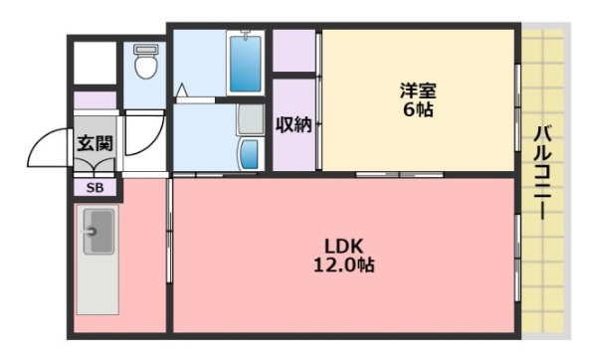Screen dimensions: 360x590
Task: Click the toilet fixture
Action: point(146,66)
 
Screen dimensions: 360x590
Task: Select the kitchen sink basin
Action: point(98,232)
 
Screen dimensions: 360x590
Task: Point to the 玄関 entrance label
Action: point(96,143)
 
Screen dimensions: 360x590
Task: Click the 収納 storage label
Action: point(295,125)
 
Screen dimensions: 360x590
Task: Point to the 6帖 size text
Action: point(418,109)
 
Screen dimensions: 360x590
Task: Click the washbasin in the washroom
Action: point(250,153)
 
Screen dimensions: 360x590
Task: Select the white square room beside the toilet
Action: point(96,63)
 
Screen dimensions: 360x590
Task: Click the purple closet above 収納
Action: point(295,52)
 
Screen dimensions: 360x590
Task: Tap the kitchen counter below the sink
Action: point(98,283)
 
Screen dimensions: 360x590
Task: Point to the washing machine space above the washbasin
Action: point(250,119)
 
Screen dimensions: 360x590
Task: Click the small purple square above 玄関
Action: point(96,100)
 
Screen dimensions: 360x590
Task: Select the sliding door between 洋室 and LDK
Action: point(398,175)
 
